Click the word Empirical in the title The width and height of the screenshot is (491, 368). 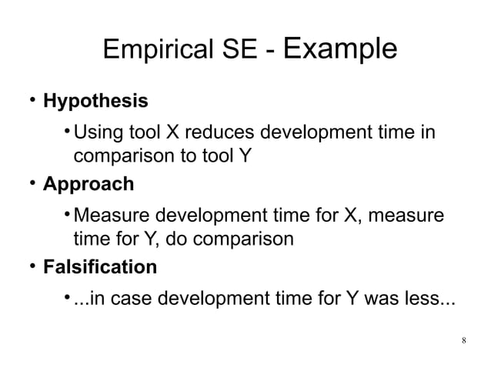pos(154,52)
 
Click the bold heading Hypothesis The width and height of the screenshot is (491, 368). pos(95,101)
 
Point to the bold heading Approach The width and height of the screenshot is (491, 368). pos(88,185)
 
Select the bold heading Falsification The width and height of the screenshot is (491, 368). pos(99,268)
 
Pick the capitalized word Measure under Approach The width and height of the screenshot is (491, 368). pos(109,214)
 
